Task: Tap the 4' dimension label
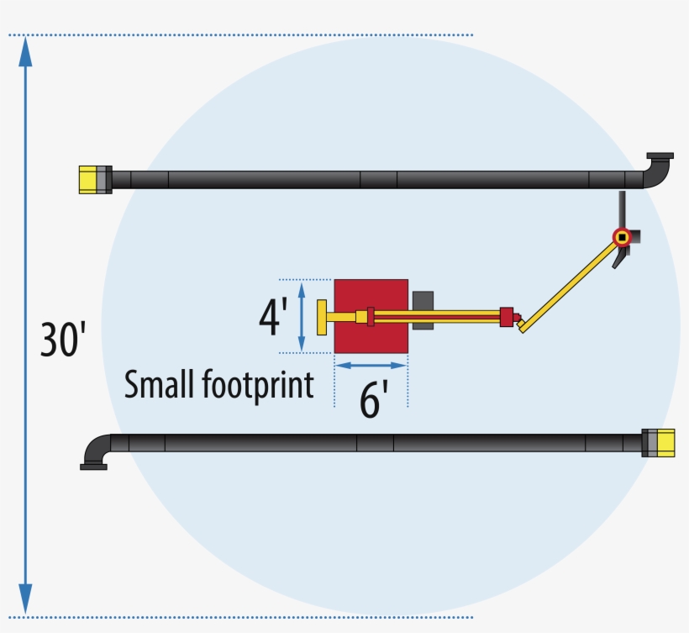point(273,316)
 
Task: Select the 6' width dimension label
point(373,400)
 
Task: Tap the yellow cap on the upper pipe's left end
point(87,180)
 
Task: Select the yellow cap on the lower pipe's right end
point(665,443)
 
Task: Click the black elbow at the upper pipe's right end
point(658,171)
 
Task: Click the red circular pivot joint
point(622,237)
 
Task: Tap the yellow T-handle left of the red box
point(322,317)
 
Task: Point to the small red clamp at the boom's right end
point(506,317)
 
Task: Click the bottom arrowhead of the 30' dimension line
point(25,600)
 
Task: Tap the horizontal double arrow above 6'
point(371,365)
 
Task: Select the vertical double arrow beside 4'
point(301,316)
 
